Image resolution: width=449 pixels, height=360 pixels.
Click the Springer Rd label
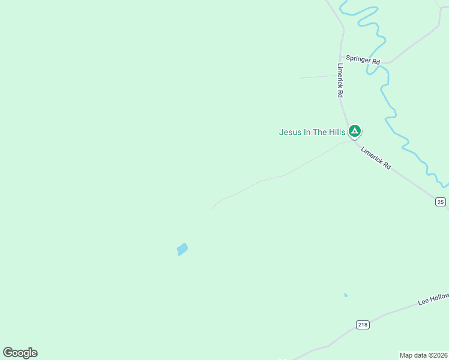(x=363, y=61)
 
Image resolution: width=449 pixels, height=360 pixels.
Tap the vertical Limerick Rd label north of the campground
(x=340, y=81)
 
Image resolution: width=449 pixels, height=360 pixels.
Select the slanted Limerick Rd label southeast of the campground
(x=376, y=158)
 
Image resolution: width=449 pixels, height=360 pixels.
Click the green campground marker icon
(x=355, y=130)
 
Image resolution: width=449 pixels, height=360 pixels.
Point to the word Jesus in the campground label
(x=289, y=132)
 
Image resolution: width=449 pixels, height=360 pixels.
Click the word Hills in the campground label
(x=336, y=132)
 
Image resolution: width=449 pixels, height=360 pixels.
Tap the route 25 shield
(x=441, y=202)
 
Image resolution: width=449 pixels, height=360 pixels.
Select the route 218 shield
(x=362, y=325)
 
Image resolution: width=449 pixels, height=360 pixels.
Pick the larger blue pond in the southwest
(x=182, y=248)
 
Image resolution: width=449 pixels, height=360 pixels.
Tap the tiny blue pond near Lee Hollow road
(x=345, y=295)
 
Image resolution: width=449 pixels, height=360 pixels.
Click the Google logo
(x=20, y=353)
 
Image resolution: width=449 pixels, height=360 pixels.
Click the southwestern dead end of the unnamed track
(x=213, y=209)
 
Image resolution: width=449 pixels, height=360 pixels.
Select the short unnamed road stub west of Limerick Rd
(x=318, y=77)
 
